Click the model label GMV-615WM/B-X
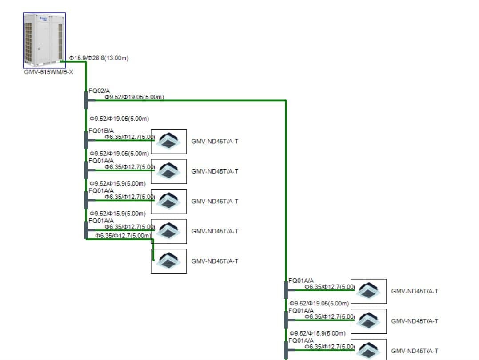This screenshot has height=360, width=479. (x=48, y=72)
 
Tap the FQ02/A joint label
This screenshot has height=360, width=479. (x=99, y=91)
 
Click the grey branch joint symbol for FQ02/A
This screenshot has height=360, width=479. (x=86, y=100)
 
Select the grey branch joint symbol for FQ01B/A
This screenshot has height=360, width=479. (x=86, y=140)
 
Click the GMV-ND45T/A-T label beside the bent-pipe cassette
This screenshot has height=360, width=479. (x=215, y=261)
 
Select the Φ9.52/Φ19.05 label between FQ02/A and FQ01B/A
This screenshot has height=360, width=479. (x=119, y=119)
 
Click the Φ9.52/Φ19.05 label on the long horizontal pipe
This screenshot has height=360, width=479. (x=134, y=97)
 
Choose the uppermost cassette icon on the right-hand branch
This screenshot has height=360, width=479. (x=368, y=291)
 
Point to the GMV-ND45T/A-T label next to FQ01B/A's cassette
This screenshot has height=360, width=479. (x=215, y=141)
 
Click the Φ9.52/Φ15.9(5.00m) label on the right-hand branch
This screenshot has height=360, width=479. (x=317, y=333)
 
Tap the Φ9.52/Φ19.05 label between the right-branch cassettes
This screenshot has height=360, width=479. (x=319, y=303)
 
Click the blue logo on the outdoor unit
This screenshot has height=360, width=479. (x=44, y=18)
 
